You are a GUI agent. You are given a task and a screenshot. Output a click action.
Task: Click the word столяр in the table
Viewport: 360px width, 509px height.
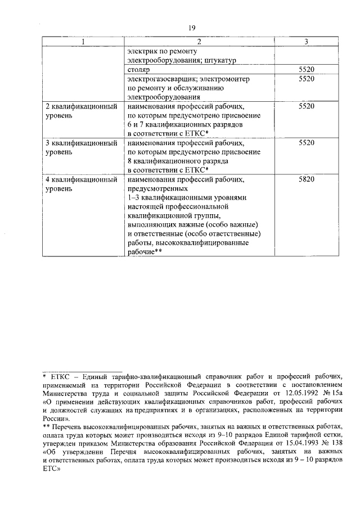(139, 70)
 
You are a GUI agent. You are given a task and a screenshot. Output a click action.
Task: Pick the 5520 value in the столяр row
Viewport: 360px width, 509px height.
(306, 70)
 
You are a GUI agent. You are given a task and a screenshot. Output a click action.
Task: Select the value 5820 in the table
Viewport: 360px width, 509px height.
(306, 179)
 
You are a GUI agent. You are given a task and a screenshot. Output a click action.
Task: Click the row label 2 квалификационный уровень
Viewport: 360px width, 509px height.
(81, 110)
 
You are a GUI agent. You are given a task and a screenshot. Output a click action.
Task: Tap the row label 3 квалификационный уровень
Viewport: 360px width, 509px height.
(81, 147)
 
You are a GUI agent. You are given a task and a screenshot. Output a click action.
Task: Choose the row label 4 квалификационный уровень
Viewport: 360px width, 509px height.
(81, 184)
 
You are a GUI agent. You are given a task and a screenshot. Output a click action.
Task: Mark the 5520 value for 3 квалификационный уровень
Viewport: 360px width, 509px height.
(306, 143)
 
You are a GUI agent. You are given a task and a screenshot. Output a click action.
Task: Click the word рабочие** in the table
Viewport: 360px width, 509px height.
(145, 253)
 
